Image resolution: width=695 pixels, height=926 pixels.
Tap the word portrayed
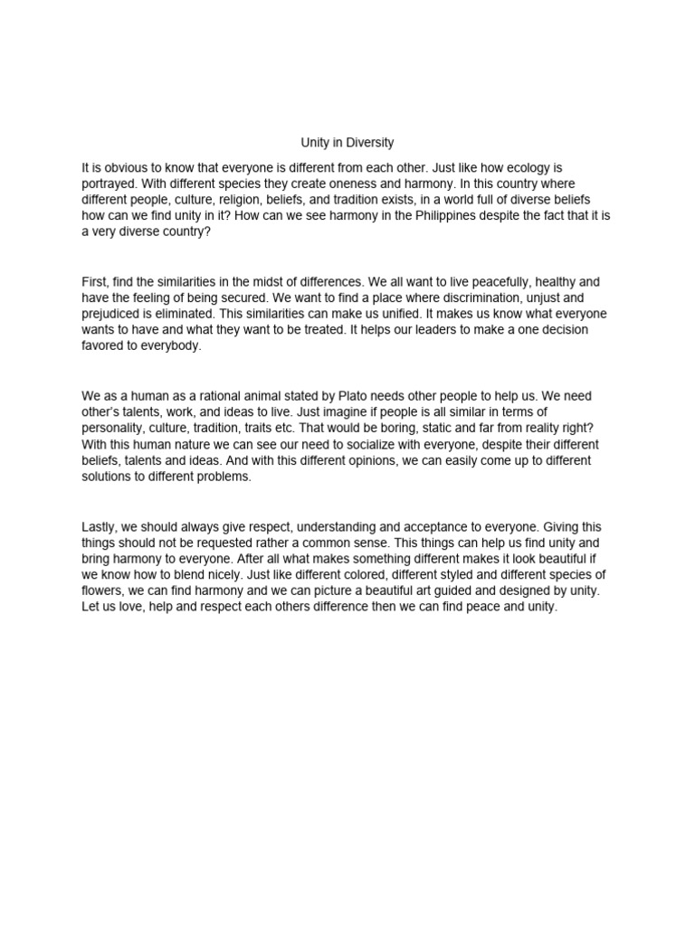[109, 184]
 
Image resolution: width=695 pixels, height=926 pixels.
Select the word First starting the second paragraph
[95, 282]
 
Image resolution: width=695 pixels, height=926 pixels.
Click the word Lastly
[99, 526]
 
